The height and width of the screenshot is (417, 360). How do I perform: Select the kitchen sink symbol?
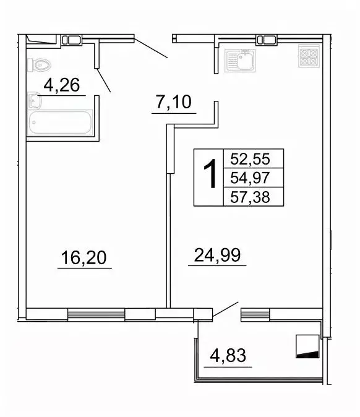click(x=241, y=61)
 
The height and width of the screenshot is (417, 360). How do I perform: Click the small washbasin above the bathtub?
click(x=34, y=101)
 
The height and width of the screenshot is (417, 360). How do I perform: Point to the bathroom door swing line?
click(x=103, y=79)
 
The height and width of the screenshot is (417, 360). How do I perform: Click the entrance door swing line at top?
click(x=150, y=47)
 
